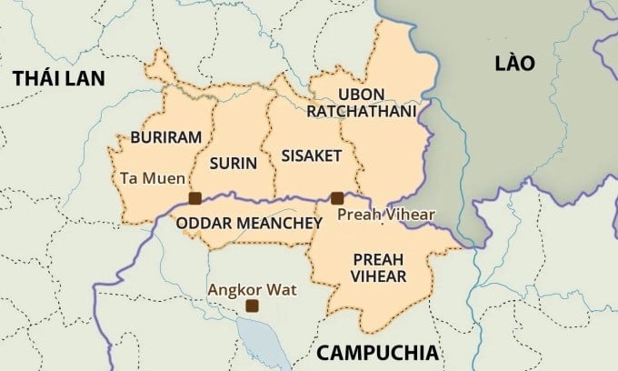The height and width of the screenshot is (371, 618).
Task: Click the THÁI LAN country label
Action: click(59, 79)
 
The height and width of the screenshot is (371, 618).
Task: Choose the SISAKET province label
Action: click(312, 155)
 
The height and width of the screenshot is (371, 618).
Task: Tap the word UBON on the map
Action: click(361, 95)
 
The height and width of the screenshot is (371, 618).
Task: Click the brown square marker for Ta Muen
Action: click(194, 198)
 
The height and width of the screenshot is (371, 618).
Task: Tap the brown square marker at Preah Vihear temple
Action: click(337, 198)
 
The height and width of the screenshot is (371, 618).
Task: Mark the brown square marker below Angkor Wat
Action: click(252, 306)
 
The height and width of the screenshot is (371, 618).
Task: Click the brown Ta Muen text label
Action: click(153, 178)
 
